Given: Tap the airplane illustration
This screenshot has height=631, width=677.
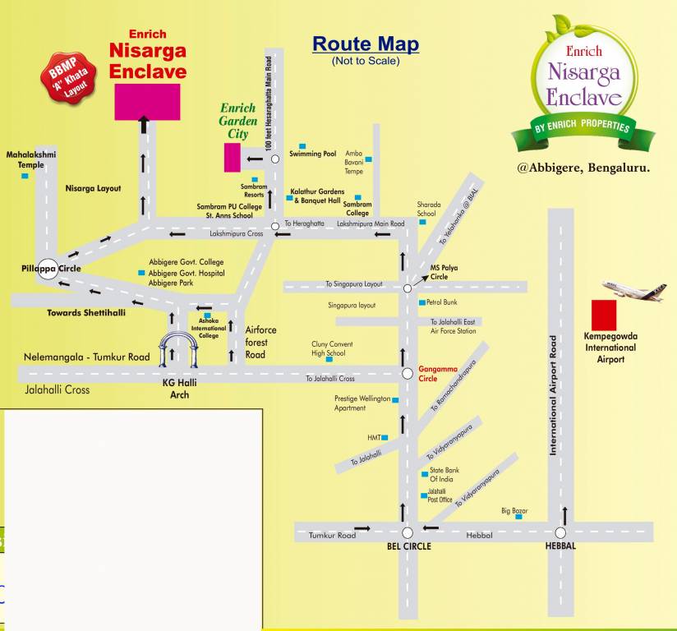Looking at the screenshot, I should click(x=633, y=289).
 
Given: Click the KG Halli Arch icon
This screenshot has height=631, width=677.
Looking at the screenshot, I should click(x=179, y=350).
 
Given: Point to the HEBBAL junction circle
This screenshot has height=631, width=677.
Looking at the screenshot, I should click(x=561, y=532).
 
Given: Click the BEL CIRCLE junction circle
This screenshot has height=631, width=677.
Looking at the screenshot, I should click(x=407, y=532).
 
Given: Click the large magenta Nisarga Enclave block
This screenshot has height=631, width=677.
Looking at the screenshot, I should click(x=147, y=102).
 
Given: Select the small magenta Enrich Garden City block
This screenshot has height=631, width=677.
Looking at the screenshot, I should click(x=233, y=157).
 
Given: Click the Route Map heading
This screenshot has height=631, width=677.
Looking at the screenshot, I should click(x=366, y=44).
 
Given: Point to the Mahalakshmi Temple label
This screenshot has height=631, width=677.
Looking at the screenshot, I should click(x=31, y=159).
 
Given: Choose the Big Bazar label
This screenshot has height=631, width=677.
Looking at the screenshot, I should click(x=514, y=510).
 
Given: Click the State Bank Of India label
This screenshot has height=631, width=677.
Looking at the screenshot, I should click(x=444, y=475).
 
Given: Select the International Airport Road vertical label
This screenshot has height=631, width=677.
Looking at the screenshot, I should click(x=554, y=394).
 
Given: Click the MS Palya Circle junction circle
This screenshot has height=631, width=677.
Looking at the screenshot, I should click(x=408, y=288).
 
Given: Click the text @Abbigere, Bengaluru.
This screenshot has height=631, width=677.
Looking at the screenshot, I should click(x=583, y=168).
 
